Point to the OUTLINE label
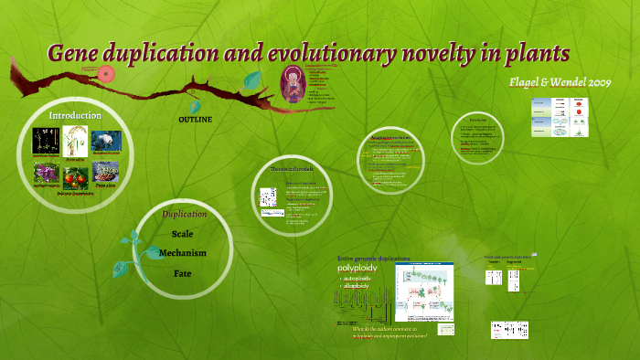tap(195, 120)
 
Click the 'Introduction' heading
tap(75, 115)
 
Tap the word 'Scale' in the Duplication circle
tap(183, 234)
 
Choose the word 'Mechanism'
tap(183, 253)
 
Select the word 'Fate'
tap(183, 272)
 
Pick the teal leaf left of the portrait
tap(252, 80)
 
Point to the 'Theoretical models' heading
tap(291, 170)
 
